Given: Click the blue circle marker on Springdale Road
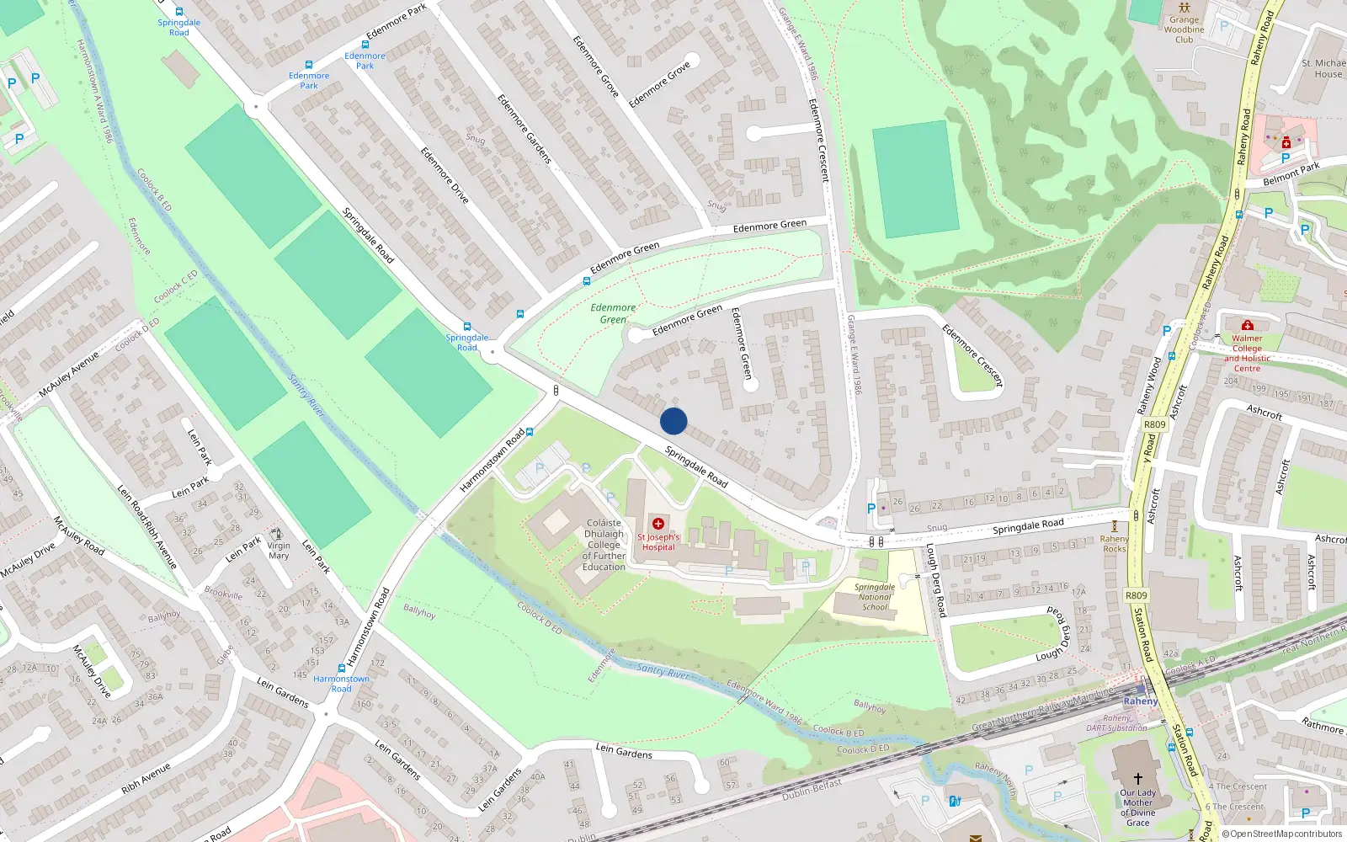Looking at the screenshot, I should [673, 421].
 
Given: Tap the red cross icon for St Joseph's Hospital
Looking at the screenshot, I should [658, 524].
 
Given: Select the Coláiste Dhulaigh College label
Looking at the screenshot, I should [604, 545].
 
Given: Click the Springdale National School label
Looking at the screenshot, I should [875, 596].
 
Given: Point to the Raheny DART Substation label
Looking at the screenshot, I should [1116, 723].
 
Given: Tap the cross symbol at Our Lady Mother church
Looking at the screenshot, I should [1137, 779].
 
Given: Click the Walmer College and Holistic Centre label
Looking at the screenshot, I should [1247, 353].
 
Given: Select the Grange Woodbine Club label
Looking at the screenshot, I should [1184, 29].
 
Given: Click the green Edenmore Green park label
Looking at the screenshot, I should [613, 313].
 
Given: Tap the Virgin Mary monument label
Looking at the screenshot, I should [279, 551].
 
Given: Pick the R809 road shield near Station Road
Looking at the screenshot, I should [1137, 595].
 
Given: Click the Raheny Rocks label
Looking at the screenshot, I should [1114, 544].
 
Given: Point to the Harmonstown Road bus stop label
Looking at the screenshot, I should [341, 683].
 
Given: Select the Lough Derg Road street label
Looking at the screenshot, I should [936, 580].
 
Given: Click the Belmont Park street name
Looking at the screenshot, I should [1291, 174].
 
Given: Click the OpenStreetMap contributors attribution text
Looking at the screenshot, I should [1286, 834].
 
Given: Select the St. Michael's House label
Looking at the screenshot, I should [1323, 68].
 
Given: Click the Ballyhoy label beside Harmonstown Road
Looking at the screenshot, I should [419, 610].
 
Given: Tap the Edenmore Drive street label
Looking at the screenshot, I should [445, 175].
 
